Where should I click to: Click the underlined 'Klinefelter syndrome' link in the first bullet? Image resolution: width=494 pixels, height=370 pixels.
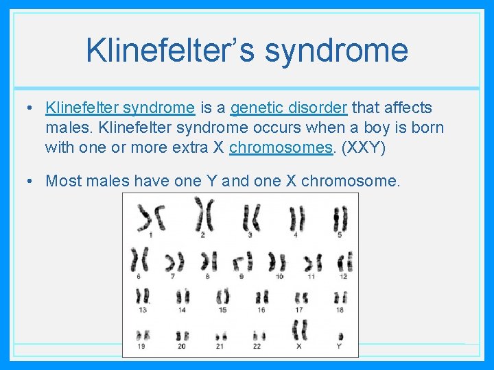(120, 108)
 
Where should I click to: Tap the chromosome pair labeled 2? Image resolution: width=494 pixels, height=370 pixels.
(203, 215)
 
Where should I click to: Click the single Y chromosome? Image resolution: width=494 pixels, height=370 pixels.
(339, 334)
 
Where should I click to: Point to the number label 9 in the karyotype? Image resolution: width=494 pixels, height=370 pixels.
(242, 277)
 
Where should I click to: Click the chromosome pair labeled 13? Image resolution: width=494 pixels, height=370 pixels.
(143, 297)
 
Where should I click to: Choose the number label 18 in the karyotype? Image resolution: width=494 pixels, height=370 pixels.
(340, 310)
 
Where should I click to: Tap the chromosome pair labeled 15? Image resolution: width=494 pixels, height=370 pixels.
(222, 297)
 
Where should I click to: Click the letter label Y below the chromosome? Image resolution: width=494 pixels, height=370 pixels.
(339, 346)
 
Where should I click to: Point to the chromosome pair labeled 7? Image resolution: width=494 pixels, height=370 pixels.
(175, 262)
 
